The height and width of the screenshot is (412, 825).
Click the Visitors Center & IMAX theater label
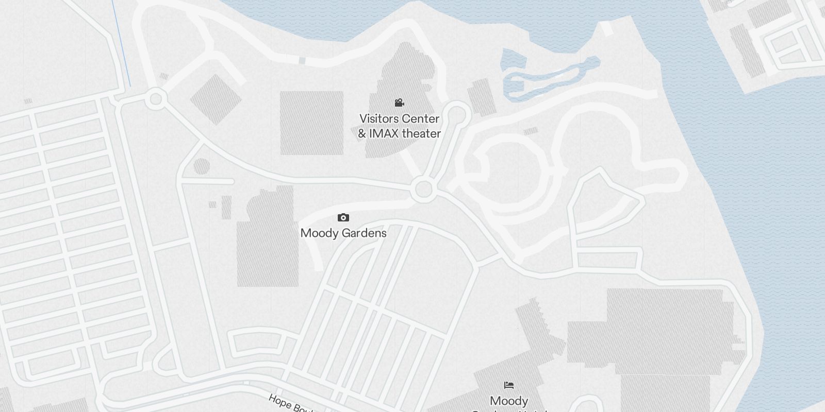[400, 126]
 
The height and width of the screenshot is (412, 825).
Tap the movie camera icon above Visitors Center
[399, 103]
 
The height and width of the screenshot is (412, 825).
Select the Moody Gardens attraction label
[343, 233]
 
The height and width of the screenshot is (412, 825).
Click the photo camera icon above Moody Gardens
[343, 218]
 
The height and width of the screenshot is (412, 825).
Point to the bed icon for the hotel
[509, 385]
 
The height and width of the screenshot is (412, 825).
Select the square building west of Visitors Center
[311, 123]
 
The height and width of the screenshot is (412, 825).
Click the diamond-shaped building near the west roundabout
[216, 99]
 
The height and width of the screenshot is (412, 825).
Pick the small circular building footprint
[202, 166]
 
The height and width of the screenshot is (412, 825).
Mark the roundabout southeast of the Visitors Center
[423, 190]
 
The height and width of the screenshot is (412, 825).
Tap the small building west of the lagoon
[481, 97]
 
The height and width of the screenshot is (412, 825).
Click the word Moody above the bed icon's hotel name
[509, 401]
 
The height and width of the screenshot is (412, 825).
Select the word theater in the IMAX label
[421, 133]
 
